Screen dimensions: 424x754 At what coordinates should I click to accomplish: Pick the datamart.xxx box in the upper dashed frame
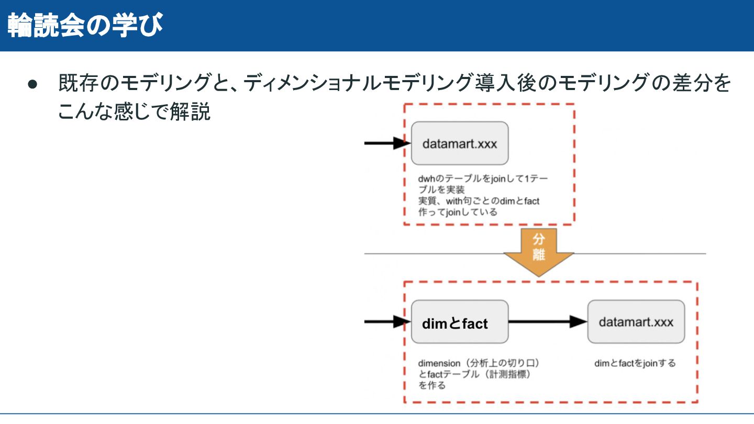pyautogui.click(x=460, y=143)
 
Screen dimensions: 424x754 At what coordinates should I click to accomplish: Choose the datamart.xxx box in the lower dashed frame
pyautogui.click(x=636, y=321)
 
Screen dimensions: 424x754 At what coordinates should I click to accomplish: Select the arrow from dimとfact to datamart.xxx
pyautogui.click(x=548, y=321)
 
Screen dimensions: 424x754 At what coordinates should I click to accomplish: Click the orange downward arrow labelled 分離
pyautogui.click(x=539, y=252)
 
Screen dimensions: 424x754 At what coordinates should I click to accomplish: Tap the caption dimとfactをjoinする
pyautogui.click(x=635, y=363)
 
